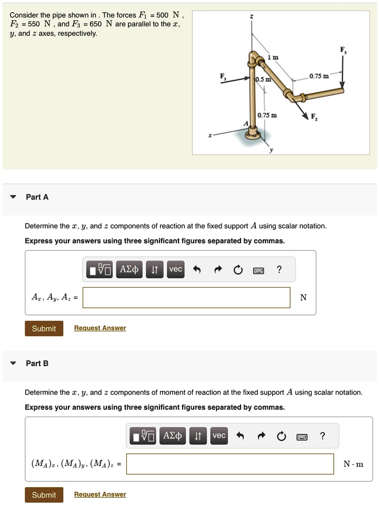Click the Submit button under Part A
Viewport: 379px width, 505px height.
click(x=44, y=328)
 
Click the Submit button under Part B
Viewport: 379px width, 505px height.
click(x=44, y=494)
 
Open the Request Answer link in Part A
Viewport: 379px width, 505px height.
click(x=100, y=328)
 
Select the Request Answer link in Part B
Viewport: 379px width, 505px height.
click(x=100, y=494)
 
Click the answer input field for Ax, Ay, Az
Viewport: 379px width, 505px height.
click(x=186, y=297)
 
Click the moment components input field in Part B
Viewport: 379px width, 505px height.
click(x=230, y=463)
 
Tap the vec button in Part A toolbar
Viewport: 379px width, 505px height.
click(x=175, y=269)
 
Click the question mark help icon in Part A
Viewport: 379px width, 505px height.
click(x=279, y=270)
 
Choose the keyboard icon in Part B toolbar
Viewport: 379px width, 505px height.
click(x=302, y=436)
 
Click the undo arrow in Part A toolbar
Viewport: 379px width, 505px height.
click(x=197, y=270)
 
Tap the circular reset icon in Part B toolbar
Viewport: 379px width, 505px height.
click(x=281, y=436)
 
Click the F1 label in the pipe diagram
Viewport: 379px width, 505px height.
click(x=223, y=75)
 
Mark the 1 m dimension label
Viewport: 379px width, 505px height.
click(x=272, y=57)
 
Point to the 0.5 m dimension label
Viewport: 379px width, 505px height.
click(x=263, y=79)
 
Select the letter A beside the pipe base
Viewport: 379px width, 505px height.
click(x=244, y=123)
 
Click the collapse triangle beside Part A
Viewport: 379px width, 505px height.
click(x=13, y=197)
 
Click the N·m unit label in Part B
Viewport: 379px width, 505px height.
click(x=353, y=464)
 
